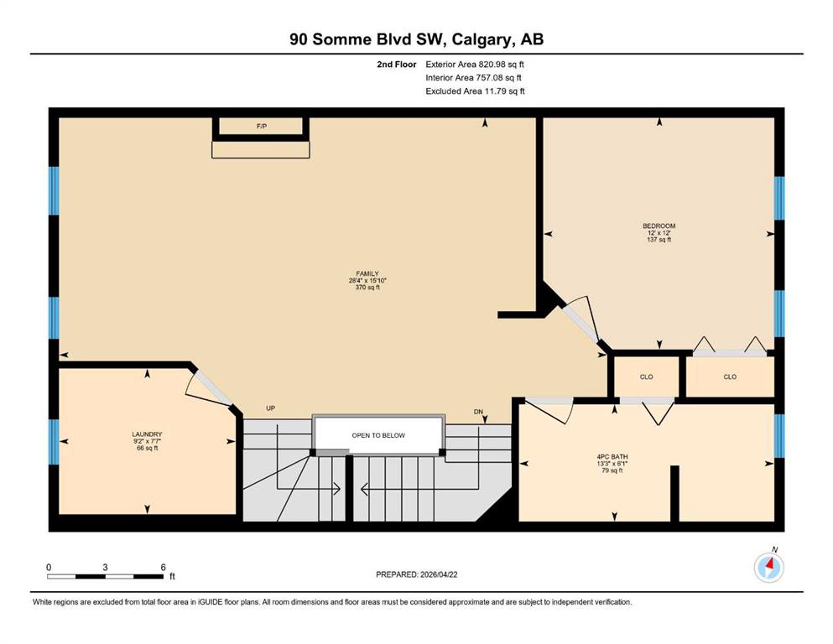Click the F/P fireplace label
click(x=262, y=127)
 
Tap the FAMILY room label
click(x=367, y=274)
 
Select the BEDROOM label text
click(x=659, y=226)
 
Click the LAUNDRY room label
click(x=147, y=434)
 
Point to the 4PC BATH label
click(x=612, y=457)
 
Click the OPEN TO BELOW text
click(x=378, y=435)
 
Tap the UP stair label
click(x=270, y=408)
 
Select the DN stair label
click(x=478, y=412)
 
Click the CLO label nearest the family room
click(x=647, y=377)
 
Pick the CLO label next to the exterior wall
click(x=730, y=377)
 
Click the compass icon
click(x=768, y=567)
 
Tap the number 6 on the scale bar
click(x=163, y=567)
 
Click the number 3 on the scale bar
click(x=105, y=567)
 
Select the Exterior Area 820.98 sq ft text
click(x=475, y=65)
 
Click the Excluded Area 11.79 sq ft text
click(x=475, y=91)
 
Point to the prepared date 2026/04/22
click(x=439, y=574)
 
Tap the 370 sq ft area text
click(x=367, y=288)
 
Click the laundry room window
click(x=54, y=442)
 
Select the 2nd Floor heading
click(x=397, y=65)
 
